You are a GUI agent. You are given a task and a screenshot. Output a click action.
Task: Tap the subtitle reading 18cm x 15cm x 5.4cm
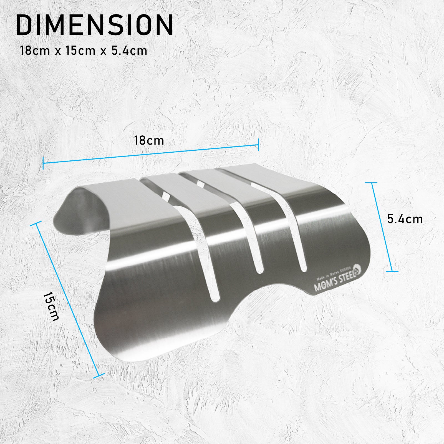click(83, 51)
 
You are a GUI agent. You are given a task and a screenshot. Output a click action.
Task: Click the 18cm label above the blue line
click(149, 141)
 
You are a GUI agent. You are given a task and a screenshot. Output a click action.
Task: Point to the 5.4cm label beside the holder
click(405, 219)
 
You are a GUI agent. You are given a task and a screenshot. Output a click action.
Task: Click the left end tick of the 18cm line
click(43, 163)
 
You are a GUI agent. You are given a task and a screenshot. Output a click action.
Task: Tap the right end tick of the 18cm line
click(259, 145)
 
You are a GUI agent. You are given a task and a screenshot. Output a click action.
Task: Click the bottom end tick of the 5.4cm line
click(392, 271)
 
